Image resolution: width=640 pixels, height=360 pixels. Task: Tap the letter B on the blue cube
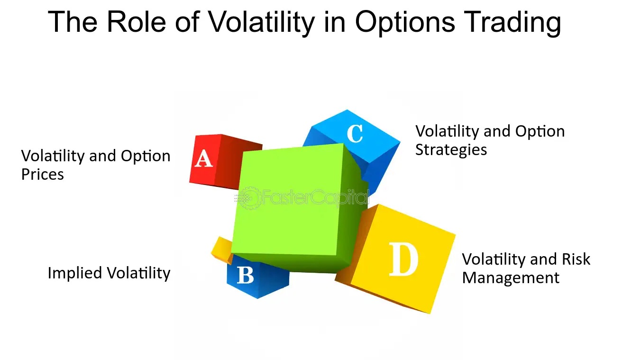pos(246,275)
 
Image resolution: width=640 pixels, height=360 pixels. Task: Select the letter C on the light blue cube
pos(355,134)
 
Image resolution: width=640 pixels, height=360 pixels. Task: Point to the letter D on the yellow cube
pos(403,259)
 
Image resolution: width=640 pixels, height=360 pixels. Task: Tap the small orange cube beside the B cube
pos(222,250)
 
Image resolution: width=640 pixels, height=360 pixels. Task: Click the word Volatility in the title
pos(261,22)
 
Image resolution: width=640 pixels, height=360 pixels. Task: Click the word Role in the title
pos(136,22)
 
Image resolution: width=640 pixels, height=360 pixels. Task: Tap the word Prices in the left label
pos(43,175)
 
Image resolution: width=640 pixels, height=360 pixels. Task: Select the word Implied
pos(75,273)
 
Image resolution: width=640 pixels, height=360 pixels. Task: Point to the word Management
pos(511,278)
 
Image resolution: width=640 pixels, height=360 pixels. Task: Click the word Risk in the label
pos(576,259)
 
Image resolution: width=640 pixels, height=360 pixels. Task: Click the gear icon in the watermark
pos(249,198)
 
